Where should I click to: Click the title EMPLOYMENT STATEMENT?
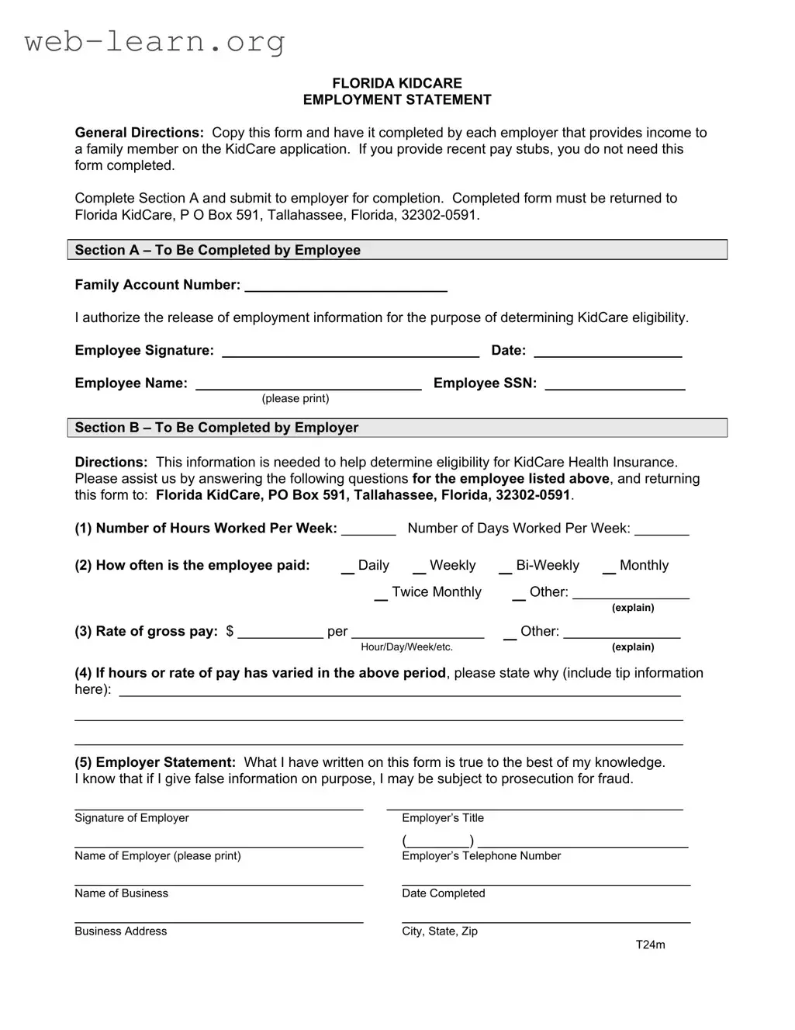coord(396,99)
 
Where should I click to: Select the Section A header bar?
coord(396,250)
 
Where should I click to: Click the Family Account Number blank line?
coord(346,286)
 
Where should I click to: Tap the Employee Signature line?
coord(351,351)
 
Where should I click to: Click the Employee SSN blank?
coord(614,383)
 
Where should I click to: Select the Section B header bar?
coord(396,428)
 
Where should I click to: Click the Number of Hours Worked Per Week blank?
coord(368,529)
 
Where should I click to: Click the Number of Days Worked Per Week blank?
coord(662,529)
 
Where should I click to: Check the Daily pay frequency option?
coord(347,567)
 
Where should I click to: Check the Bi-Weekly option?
coord(505,567)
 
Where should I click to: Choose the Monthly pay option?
coord(609,567)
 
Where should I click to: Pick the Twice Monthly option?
coord(381,594)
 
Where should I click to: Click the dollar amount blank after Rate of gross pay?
coord(280,633)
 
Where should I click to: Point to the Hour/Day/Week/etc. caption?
coord(406,647)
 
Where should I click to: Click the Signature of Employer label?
coord(132,818)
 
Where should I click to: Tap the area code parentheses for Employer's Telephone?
coord(438,841)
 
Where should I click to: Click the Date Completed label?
coord(443,893)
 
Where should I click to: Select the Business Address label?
coord(120,931)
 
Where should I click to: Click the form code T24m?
coord(650,945)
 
